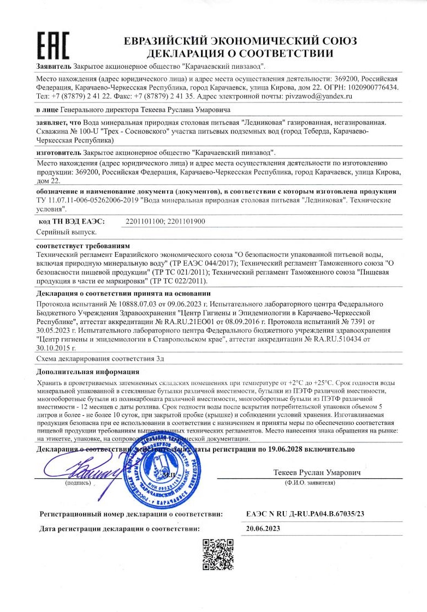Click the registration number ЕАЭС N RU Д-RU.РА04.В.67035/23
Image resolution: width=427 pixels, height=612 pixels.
tap(305, 514)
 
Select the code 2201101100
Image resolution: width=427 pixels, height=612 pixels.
tap(143, 221)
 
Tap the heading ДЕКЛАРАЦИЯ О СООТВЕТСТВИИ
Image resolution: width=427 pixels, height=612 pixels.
tap(240, 53)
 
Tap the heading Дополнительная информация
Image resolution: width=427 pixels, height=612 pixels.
tap(87, 372)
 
